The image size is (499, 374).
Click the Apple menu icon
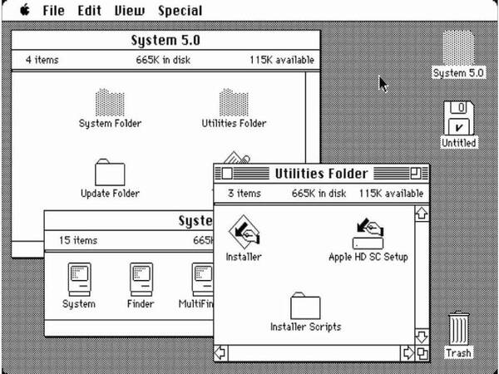(25, 10)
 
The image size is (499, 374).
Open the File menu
(53, 11)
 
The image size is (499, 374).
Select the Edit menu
(90, 11)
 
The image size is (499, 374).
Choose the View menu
(130, 11)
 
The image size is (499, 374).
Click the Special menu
(180, 11)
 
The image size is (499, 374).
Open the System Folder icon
(110, 102)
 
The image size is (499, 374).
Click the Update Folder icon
(110, 172)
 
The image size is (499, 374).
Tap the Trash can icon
(458, 328)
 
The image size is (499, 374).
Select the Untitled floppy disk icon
(458, 118)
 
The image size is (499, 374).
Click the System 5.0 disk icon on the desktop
(458, 47)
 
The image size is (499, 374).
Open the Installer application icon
(244, 232)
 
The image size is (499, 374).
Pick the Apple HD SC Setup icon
(368, 234)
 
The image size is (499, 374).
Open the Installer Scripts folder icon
(305, 306)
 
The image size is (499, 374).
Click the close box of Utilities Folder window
(227, 174)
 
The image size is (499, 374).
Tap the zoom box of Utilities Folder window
(416, 174)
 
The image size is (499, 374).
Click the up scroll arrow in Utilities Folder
(422, 213)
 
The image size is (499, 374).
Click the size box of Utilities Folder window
(422, 354)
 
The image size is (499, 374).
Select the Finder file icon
(141, 279)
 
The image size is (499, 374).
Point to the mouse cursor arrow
(383, 84)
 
